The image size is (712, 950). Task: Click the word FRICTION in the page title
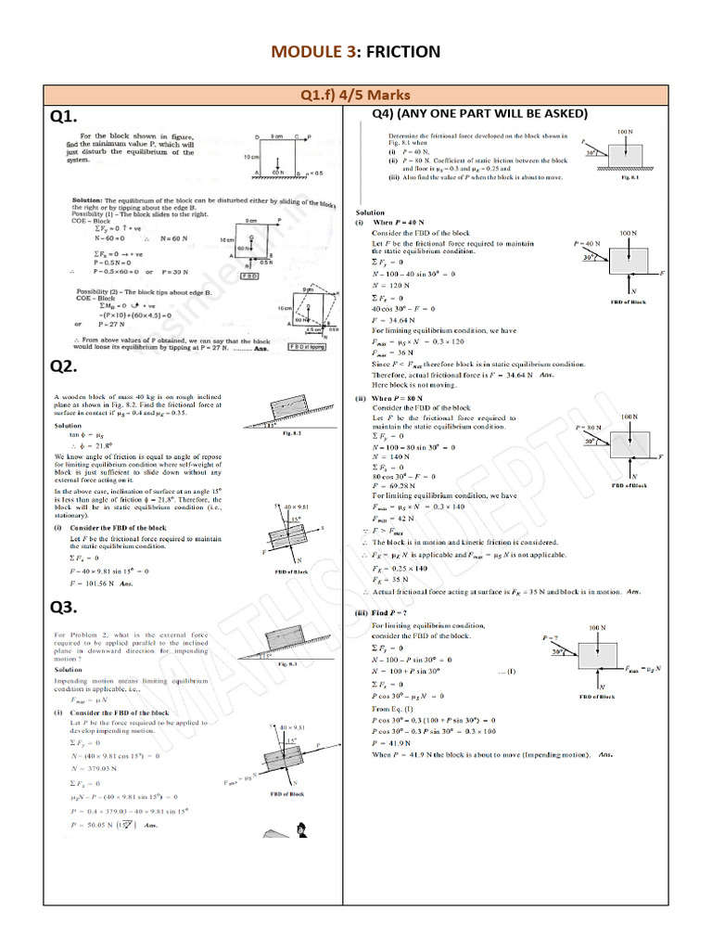(401, 52)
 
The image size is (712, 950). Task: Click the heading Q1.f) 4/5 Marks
(356, 95)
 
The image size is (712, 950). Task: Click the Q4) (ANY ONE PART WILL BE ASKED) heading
(479, 114)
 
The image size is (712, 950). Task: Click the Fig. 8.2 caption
(291, 431)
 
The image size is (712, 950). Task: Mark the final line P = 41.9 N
(395, 743)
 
